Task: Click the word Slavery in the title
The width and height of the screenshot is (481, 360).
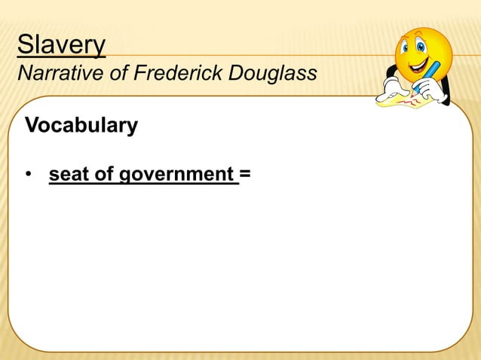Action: click(61, 45)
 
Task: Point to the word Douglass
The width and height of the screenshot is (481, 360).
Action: click(271, 75)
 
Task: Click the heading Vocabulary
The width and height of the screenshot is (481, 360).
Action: click(81, 125)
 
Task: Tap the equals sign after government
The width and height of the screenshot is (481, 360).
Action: click(245, 175)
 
